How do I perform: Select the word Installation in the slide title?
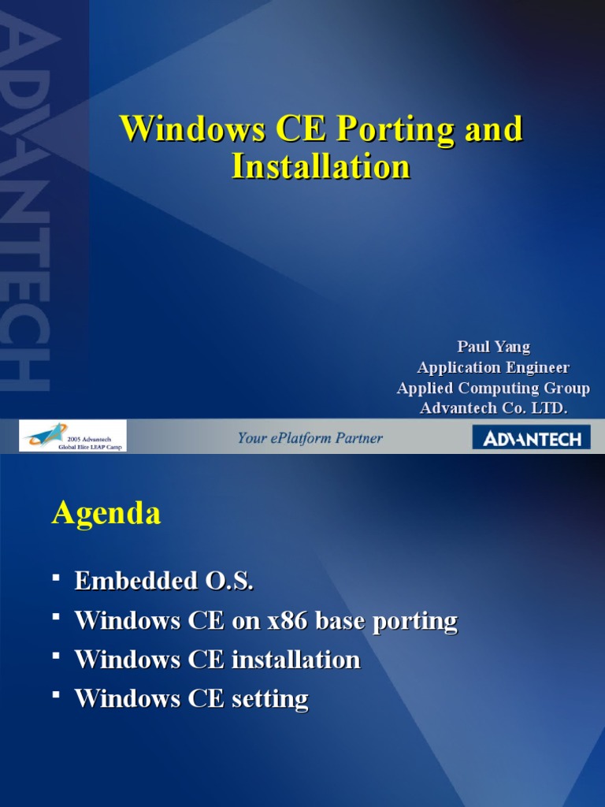pos(321,167)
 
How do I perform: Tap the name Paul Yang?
pos(493,348)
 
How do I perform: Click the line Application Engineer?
pos(493,368)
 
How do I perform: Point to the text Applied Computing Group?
pos(493,389)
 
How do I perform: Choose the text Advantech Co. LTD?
pos(493,409)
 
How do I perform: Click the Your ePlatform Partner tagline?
pos(310,438)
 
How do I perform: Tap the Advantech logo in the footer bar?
pos(531,438)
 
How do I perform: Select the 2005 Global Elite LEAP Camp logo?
pos(72,437)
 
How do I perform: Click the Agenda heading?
pos(106,514)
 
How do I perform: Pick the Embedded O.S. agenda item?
pos(164,582)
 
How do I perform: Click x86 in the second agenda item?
pos(288,621)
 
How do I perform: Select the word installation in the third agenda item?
pos(295,660)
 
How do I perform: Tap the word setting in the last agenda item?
pos(269,698)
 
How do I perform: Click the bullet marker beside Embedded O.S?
pos(56,579)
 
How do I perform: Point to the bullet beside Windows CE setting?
pos(56,696)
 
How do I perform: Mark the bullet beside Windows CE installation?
pos(56,657)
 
